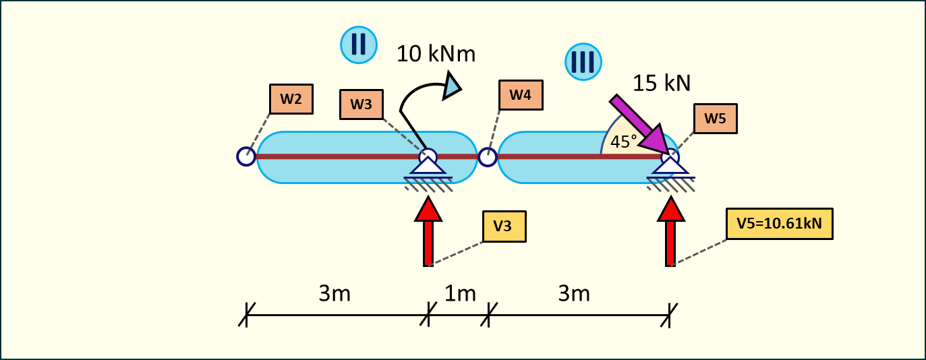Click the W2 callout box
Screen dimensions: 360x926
click(x=291, y=98)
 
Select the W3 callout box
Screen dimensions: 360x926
click(x=361, y=104)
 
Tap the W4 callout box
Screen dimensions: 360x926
click(x=520, y=95)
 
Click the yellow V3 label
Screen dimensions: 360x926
click(x=504, y=227)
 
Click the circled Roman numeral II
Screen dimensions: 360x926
click(x=358, y=45)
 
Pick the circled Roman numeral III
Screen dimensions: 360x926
click(x=583, y=63)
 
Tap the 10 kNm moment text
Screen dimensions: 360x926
click(x=436, y=53)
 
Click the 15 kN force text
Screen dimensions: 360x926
click(x=662, y=82)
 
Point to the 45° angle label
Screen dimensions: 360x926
click(x=624, y=142)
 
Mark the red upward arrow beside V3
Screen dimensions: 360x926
click(x=428, y=233)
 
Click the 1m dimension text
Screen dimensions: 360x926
click(x=460, y=294)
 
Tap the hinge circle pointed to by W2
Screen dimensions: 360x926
click(x=246, y=156)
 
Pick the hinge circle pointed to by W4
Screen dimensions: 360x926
click(x=487, y=157)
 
